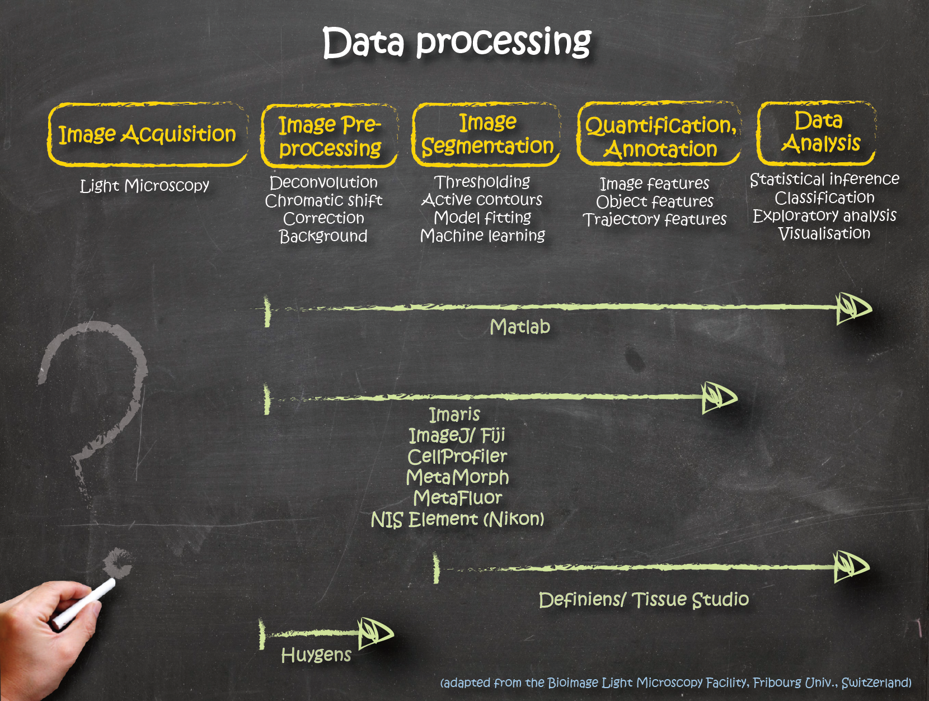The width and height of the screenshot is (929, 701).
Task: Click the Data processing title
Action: [457, 43]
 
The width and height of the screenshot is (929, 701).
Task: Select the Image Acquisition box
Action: [148, 134]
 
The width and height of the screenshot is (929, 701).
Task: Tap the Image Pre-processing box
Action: [330, 136]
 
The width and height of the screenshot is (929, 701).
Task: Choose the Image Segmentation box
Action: [487, 134]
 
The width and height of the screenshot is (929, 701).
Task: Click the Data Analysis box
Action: [818, 133]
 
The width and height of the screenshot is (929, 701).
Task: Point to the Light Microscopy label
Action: [144, 186]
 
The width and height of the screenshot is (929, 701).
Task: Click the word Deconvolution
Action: [323, 182]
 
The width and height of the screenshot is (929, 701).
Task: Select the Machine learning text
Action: [482, 236]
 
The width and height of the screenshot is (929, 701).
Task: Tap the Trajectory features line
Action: [655, 219]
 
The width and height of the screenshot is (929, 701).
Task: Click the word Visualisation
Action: [824, 233]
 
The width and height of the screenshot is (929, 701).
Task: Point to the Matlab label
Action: [520, 327]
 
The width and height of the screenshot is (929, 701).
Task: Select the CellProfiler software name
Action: [457, 457]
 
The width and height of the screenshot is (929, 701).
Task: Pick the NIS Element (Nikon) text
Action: [457, 519]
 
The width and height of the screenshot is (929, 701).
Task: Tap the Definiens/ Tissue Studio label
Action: [644, 600]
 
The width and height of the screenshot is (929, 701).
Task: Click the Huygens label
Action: [316, 655]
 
